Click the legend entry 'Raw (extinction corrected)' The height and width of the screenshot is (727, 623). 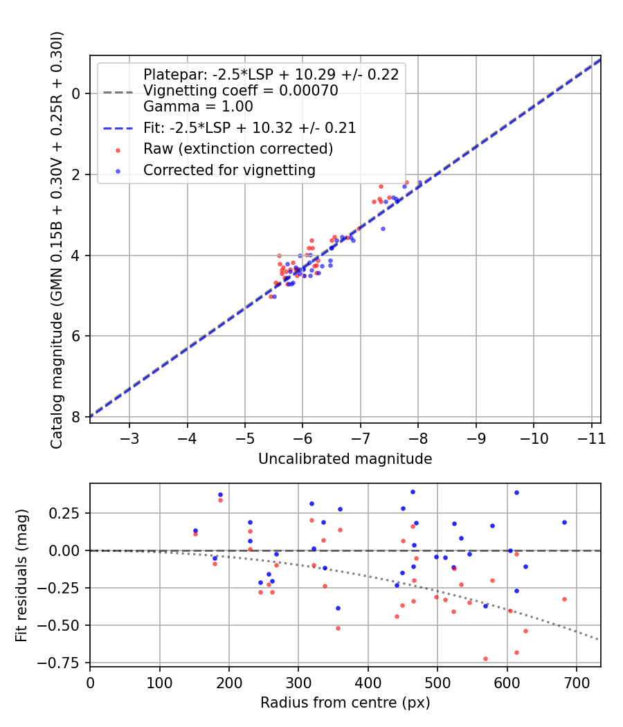[237, 149]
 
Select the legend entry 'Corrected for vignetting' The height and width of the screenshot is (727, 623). [229, 170]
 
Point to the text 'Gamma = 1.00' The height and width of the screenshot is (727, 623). [198, 107]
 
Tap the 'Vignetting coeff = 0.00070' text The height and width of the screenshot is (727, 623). [240, 91]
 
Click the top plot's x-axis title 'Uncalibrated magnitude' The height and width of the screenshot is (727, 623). [345, 459]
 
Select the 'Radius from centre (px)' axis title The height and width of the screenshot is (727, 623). [345, 703]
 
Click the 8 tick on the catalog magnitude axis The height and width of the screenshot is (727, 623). [75, 417]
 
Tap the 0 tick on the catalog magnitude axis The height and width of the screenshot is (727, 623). [75, 93]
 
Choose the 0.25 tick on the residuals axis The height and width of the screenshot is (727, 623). [68, 513]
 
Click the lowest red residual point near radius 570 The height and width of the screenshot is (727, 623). [485, 658]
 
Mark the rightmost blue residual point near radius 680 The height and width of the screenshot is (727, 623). [564, 522]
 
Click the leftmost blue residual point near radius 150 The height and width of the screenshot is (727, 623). [195, 530]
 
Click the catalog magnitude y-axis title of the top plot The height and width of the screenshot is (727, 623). [57, 239]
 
